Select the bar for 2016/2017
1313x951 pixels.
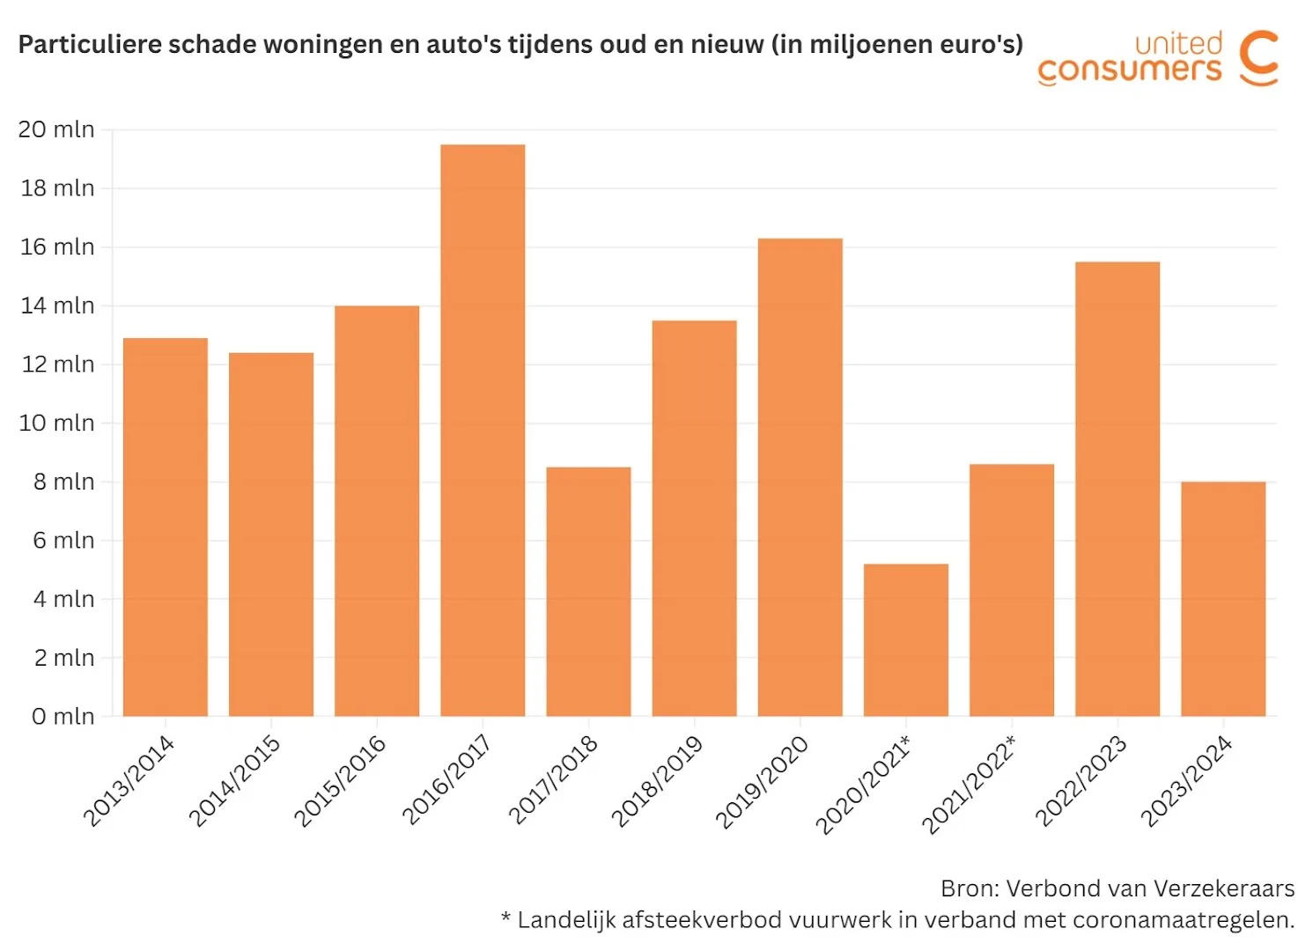pyautogui.click(x=483, y=431)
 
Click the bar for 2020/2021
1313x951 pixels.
pyautogui.click(x=905, y=640)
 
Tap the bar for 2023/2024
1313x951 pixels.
pyautogui.click(x=1223, y=599)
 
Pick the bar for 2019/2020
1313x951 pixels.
pyautogui.click(x=800, y=477)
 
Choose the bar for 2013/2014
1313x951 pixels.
pyautogui.click(x=166, y=527)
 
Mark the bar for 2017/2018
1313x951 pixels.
pyautogui.click(x=588, y=592)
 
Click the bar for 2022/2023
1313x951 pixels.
pyautogui.click(x=1117, y=489)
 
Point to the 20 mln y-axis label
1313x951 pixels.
pyautogui.click(x=56, y=129)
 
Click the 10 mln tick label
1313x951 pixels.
pyautogui.click(x=56, y=424)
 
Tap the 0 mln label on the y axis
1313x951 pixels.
pyautogui.click(x=63, y=717)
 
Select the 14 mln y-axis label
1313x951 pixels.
pyautogui.click(x=57, y=306)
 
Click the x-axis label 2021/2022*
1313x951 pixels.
pyautogui.click(x=968, y=785)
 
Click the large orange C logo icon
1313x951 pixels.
pyautogui.click(x=1258, y=58)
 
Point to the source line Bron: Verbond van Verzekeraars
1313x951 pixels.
pyautogui.click(x=1117, y=888)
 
